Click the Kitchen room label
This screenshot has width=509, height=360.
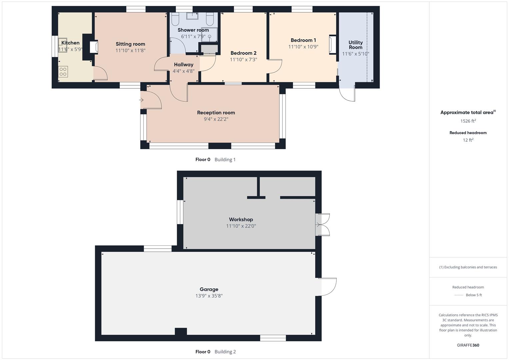(x=70, y=43)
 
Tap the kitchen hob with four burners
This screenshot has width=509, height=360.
(x=63, y=72)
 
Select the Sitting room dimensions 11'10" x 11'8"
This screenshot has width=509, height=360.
(x=130, y=51)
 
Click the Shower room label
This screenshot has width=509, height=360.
(x=193, y=30)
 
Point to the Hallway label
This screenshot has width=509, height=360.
(x=183, y=65)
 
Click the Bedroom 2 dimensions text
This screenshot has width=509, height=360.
(x=243, y=60)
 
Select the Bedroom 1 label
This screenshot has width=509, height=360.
(x=303, y=40)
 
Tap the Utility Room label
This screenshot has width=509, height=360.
(x=355, y=45)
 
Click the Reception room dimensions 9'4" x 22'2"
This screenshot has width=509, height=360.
(x=216, y=119)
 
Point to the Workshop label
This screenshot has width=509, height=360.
(x=241, y=219)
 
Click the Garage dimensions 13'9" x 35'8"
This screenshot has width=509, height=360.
(x=209, y=296)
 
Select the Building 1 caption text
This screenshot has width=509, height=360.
(x=225, y=160)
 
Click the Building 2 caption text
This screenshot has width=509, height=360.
(x=225, y=352)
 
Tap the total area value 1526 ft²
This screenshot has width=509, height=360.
(x=468, y=121)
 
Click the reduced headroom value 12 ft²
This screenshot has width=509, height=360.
(x=468, y=140)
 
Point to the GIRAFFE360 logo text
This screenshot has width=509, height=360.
(x=468, y=345)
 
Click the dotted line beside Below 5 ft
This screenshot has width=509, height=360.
(x=459, y=295)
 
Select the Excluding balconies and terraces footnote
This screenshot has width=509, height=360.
(x=468, y=267)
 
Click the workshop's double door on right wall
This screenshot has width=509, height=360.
(x=323, y=225)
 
